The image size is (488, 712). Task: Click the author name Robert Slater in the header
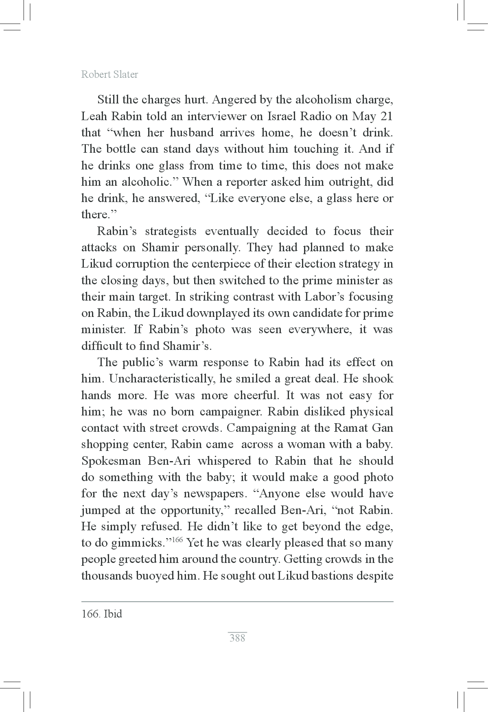point(109,75)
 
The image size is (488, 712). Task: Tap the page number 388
point(237,638)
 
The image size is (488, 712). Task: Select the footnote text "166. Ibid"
point(102,614)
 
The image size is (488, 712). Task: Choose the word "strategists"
point(171,231)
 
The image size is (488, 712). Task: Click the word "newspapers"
point(215,494)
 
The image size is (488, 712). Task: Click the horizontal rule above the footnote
point(237,602)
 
